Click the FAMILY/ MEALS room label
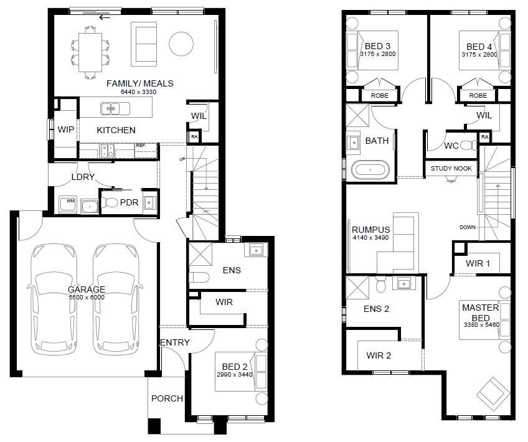139,83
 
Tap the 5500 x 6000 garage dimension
87,298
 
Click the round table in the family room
181,44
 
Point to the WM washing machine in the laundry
68,204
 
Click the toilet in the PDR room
109,202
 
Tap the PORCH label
167,398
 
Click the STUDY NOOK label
451,168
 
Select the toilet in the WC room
468,146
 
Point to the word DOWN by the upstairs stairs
468,227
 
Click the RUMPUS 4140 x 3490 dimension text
370,238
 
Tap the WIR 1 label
478,263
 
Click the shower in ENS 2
357,287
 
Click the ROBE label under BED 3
380,96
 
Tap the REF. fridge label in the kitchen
141,146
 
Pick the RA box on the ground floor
194,137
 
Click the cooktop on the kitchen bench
108,151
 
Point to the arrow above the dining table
105,17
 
